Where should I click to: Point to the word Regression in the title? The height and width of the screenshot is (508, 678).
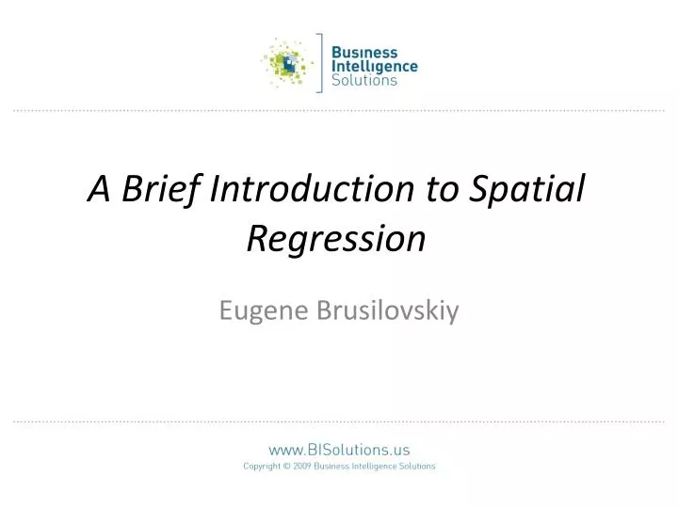click(x=336, y=239)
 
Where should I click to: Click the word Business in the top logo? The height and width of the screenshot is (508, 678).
click(x=365, y=53)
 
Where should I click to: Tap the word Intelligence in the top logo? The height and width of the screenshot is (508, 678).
click(x=375, y=66)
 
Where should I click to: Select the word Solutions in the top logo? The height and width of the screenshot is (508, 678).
click(x=365, y=80)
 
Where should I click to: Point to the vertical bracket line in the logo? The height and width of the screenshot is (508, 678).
click(x=322, y=63)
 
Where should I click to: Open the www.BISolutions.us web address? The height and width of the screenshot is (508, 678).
click(x=339, y=450)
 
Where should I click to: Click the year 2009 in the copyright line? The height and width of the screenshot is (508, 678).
click(x=302, y=466)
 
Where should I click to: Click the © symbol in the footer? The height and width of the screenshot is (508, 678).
click(x=287, y=466)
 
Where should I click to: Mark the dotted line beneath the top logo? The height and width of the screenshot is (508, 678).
click(x=339, y=111)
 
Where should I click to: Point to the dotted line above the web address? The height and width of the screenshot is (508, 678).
click(x=339, y=421)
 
